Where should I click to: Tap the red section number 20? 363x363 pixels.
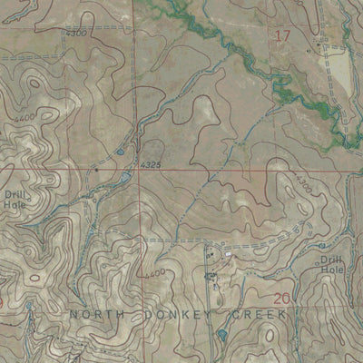pos(280,299)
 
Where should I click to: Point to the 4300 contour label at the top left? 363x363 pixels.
pos(77,34)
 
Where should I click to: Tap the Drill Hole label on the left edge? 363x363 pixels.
pos(15,200)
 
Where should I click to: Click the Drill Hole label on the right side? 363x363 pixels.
pos(332,265)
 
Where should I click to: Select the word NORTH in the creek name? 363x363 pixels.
pos(96,314)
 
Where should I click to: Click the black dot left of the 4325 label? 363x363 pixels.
pos(97,169)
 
